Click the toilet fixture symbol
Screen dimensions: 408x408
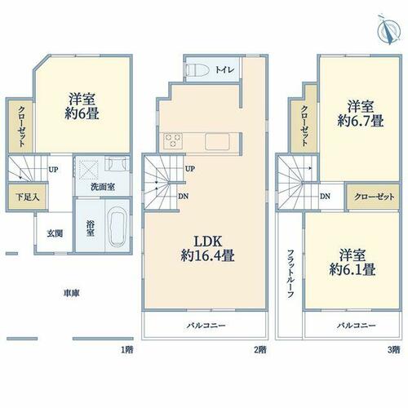(197, 69)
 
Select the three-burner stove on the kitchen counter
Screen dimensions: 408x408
(172, 140)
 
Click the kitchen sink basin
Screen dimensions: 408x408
(218, 141)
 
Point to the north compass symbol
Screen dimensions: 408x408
(389, 30)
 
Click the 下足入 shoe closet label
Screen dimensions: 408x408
(27, 197)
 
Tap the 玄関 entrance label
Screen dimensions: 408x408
(55, 233)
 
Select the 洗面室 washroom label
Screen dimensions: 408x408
(103, 187)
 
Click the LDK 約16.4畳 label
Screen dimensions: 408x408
(207, 249)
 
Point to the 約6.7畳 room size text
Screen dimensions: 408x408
(361, 121)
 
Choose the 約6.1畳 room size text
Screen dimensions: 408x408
(353, 269)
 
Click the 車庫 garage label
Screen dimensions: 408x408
(71, 293)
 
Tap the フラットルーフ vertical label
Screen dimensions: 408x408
(290, 273)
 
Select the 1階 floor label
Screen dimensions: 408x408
(127, 349)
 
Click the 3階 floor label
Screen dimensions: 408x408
(393, 349)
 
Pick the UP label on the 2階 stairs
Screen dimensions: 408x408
(190, 169)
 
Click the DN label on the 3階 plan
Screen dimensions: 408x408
(325, 196)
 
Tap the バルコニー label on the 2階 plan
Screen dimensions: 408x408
(206, 326)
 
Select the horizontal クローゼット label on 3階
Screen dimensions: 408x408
(374, 197)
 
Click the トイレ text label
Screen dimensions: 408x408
(224, 70)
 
